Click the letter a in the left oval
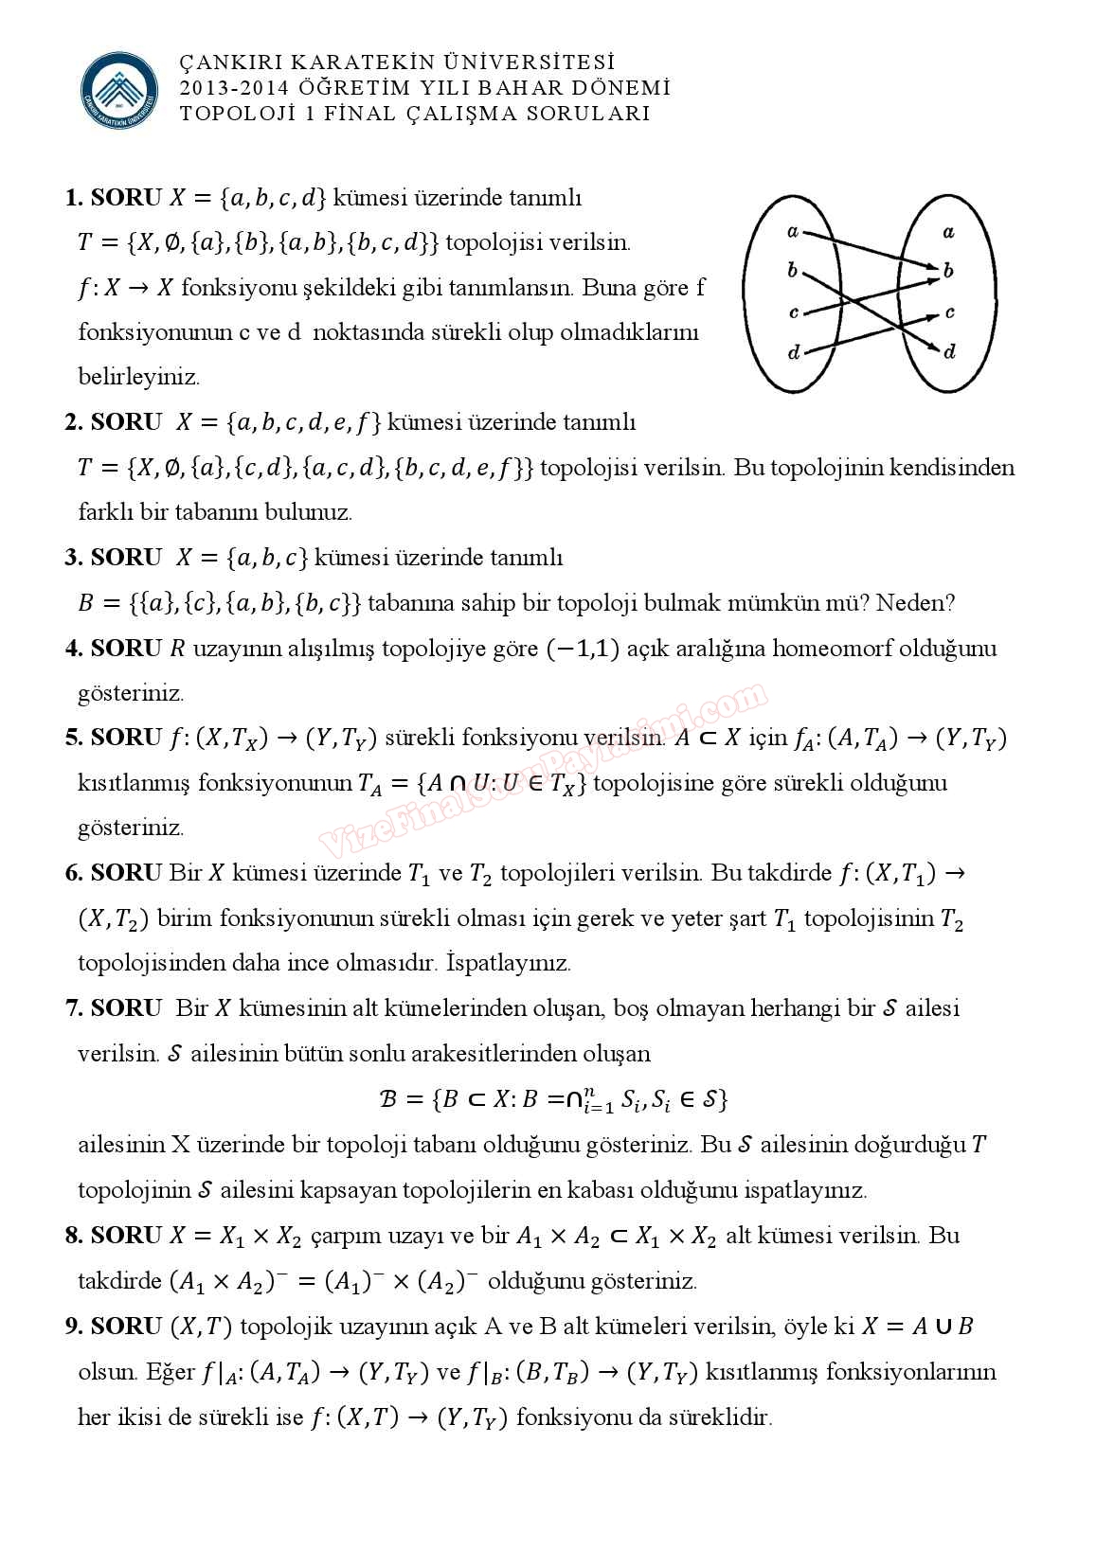(x=793, y=231)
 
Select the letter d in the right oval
(x=949, y=352)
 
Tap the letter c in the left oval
(x=793, y=312)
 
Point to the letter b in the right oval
(x=948, y=271)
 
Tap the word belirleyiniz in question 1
(x=139, y=377)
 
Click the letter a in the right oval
(x=948, y=231)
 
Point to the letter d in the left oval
(x=794, y=353)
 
